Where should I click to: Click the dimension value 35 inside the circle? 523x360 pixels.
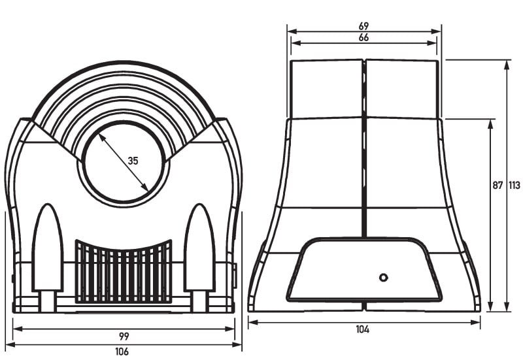pyautogui.click(x=133, y=161)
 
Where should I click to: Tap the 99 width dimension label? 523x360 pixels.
pyautogui.click(x=124, y=336)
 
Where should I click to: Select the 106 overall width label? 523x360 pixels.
pyautogui.click(x=122, y=352)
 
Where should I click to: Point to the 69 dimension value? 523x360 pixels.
pyautogui.click(x=363, y=25)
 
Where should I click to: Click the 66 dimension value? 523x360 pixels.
pyautogui.click(x=363, y=37)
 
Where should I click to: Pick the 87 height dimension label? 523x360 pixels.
pyautogui.click(x=498, y=186)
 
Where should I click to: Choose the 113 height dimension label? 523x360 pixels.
pyautogui.click(x=515, y=186)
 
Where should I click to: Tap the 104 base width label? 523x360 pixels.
pyautogui.click(x=363, y=329)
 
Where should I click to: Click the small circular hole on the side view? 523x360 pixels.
pyautogui.click(x=384, y=277)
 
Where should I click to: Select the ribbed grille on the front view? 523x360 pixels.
pyautogui.click(x=124, y=272)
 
